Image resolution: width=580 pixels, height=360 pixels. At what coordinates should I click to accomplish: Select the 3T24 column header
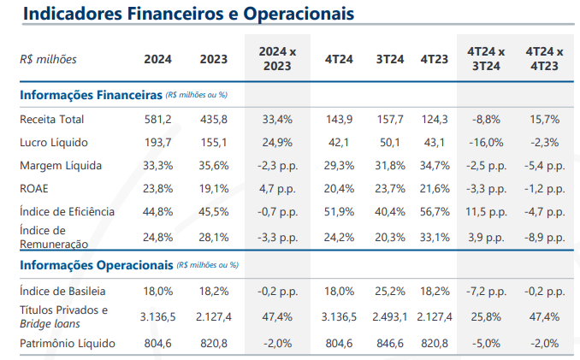(x=390, y=59)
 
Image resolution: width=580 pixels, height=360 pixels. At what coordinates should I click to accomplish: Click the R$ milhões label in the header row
(x=48, y=59)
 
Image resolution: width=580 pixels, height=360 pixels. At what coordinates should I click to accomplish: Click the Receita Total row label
(x=51, y=119)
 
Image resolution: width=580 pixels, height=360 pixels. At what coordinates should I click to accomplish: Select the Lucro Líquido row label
(x=53, y=142)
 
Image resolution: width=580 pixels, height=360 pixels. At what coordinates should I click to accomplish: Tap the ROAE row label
(x=36, y=188)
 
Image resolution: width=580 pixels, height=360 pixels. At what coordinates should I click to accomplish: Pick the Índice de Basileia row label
(x=62, y=291)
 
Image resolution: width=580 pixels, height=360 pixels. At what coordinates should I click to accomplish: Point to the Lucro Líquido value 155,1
(x=214, y=142)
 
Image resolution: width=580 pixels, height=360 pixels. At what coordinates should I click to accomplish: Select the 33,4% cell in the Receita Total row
(x=277, y=119)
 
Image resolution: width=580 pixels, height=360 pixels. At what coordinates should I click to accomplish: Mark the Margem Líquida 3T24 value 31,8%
(x=390, y=165)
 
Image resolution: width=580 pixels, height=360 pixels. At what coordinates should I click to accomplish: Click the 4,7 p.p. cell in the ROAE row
(x=277, y=188)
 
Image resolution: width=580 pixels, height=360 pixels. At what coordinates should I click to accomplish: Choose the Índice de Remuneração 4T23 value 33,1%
(x=435, y=237)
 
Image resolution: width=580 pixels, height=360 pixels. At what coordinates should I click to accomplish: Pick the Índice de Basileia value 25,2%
(x=390, y=291)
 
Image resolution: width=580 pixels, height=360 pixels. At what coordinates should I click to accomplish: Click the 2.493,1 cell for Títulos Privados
(x=390, y=316)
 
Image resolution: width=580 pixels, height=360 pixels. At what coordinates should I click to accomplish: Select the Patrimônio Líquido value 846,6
(x=390, y=344)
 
